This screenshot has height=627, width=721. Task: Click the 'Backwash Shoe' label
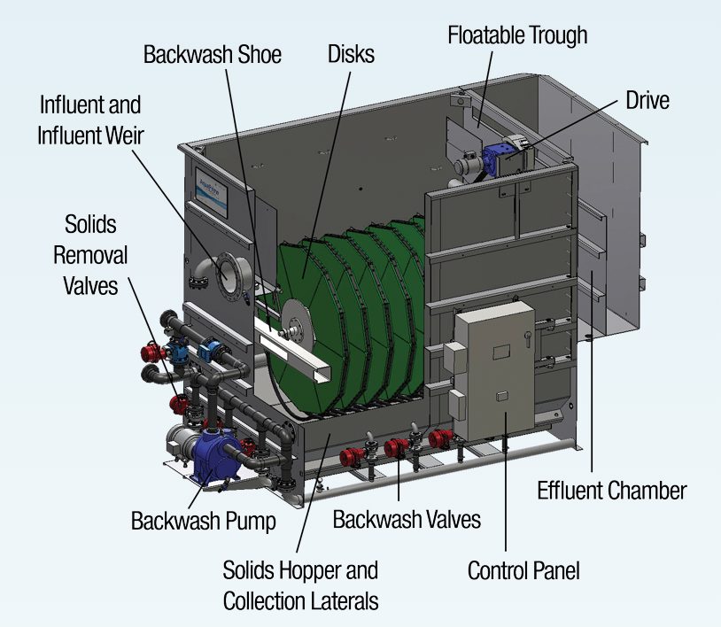(213, 55)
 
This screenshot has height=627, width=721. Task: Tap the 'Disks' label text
(350, 54)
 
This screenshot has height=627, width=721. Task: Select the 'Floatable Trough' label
(517, 36)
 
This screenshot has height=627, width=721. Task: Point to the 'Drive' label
(647, 99)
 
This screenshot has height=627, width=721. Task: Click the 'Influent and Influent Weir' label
(90, 119)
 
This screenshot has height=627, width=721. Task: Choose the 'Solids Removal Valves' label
(90, 255)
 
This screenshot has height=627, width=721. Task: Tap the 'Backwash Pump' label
(203, 520)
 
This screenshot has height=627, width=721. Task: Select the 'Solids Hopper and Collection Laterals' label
(300, 584)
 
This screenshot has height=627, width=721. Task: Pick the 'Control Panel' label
(523, 570)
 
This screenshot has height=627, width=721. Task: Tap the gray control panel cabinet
(496, 372)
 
